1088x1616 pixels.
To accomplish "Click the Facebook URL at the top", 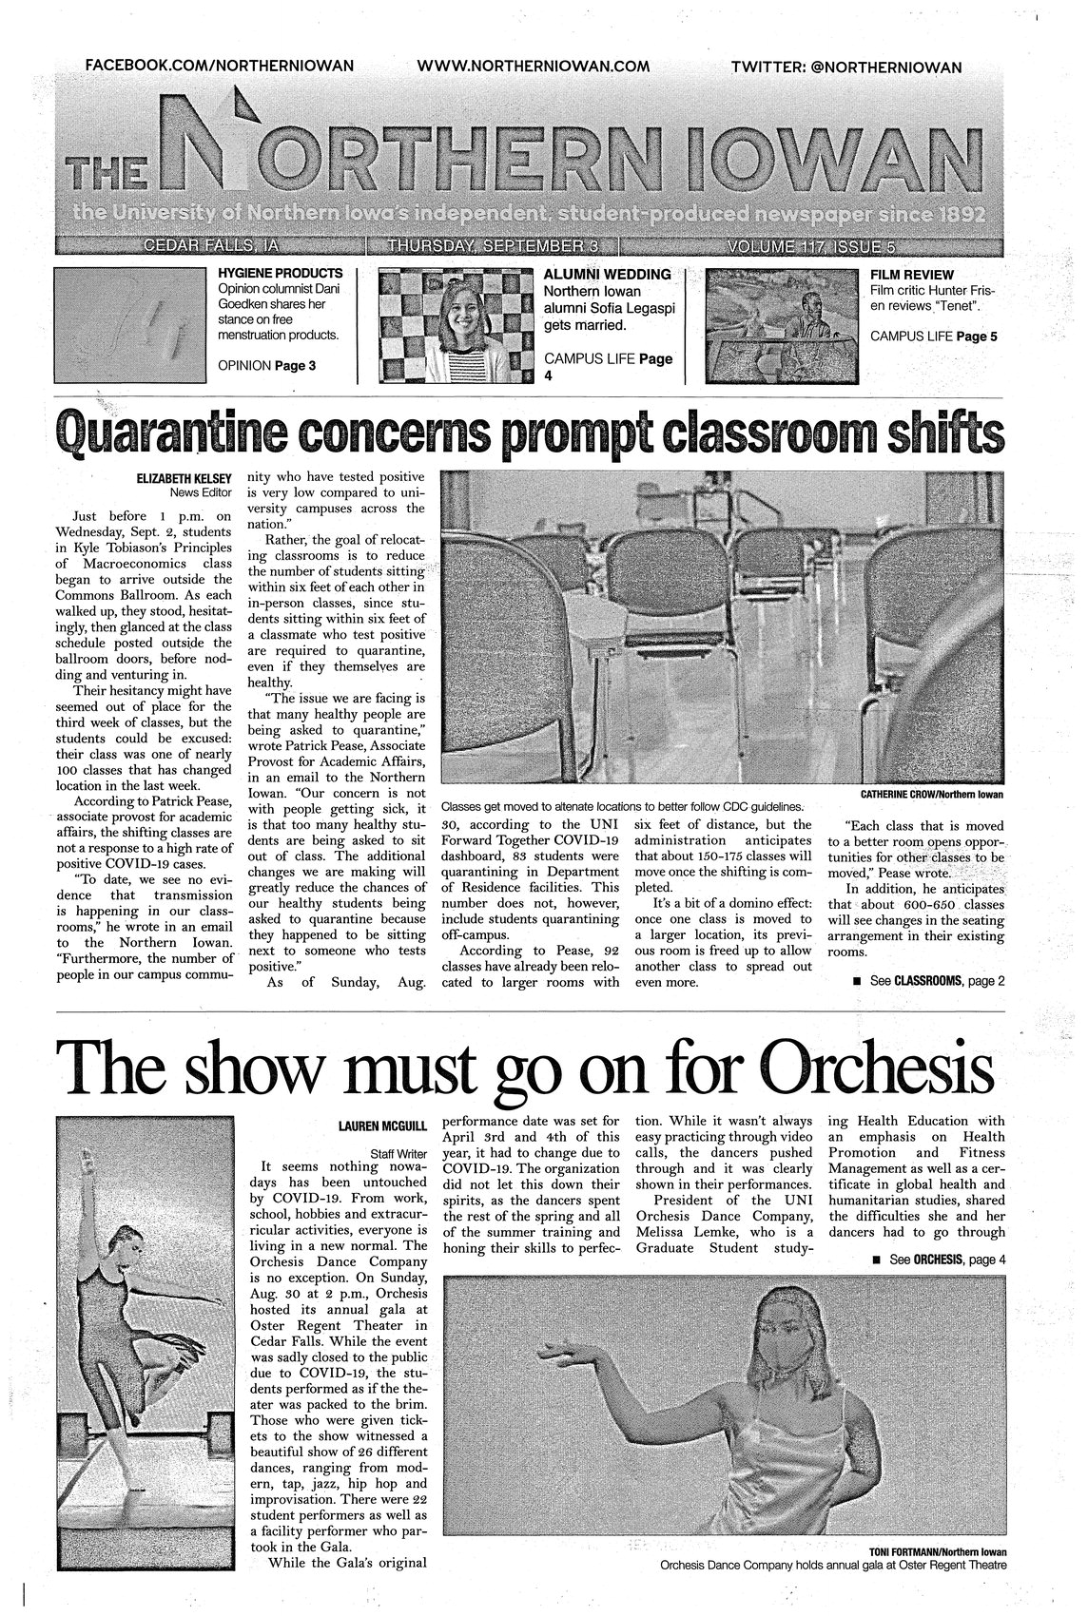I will pos(220,66).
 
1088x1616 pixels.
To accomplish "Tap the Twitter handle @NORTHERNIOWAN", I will pos(846,67).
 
